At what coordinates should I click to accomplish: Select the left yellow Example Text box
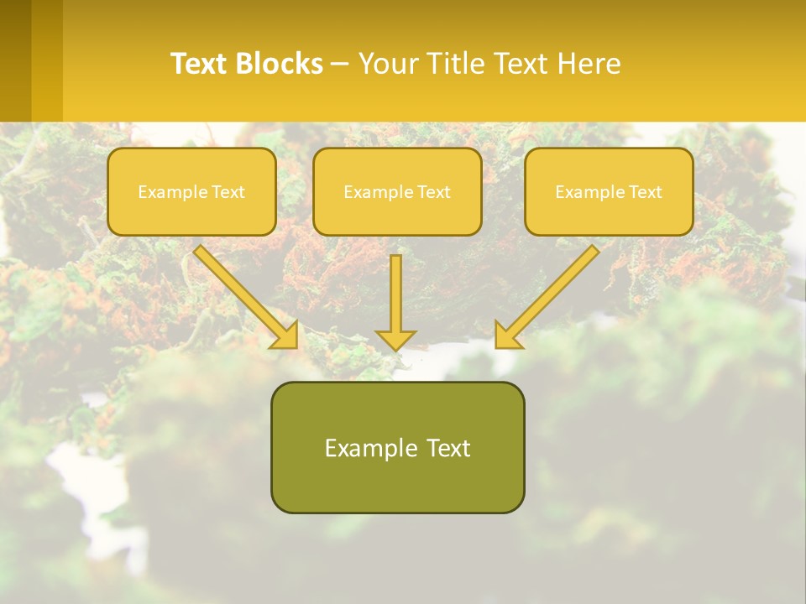[191, 192]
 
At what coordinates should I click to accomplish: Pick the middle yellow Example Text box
[397, 192]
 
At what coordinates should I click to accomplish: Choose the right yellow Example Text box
[609, 192]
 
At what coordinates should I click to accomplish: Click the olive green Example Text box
[397, 447]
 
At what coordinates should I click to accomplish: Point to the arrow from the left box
[243, 294]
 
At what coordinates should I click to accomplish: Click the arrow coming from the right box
[550, 294]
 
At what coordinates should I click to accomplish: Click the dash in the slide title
[340, 64]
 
